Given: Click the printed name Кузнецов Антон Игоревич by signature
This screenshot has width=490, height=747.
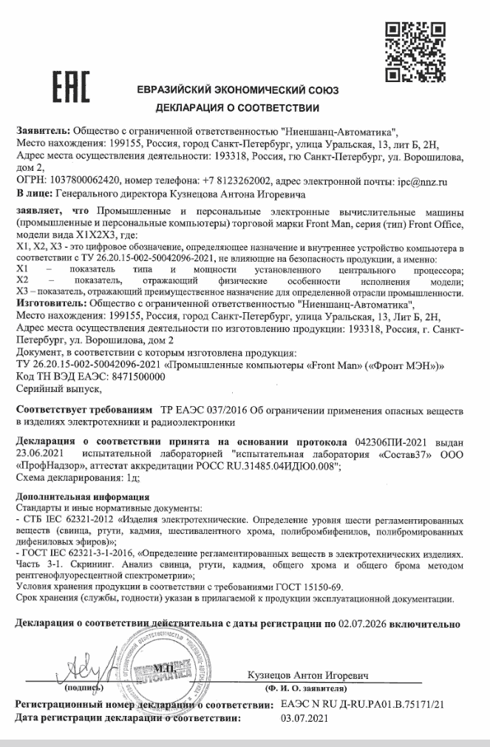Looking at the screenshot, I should (x=309, y=677).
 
